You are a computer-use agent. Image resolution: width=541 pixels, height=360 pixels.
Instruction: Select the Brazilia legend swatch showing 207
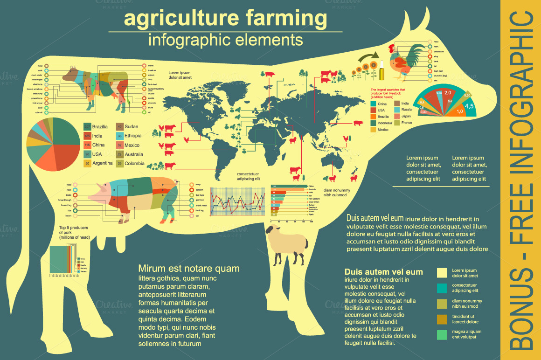tap(87, 126)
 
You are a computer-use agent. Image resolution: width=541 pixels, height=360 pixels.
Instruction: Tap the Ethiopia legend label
tap(133, 136)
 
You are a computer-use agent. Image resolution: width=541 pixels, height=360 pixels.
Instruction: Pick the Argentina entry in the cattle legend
tap(102, 163)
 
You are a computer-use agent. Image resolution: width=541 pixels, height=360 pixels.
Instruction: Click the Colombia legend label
tap(134, 164)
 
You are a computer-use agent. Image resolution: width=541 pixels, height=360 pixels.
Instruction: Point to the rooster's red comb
tap(393, 48)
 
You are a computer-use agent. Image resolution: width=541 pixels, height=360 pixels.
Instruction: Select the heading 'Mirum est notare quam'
tap(189, 269)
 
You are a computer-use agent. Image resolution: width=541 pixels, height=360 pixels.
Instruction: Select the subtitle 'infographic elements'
tap(225, 40)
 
